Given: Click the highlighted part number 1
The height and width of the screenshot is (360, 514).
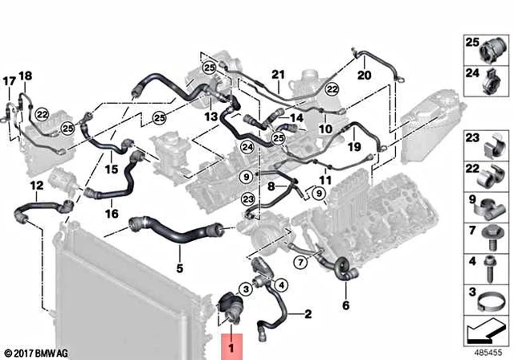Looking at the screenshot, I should (231, 348).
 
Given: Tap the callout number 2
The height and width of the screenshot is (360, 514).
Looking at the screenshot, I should (308, 315).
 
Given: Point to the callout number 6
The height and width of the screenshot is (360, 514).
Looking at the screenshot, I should (346, 305).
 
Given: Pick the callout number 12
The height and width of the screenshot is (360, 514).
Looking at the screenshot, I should (35, 186).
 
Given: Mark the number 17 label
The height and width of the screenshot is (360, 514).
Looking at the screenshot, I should (10, 81).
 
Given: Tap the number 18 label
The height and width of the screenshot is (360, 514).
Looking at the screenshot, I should (25, 76).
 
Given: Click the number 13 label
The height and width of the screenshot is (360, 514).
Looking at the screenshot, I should (210, 117).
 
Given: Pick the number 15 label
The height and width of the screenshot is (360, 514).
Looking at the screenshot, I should (110, 170).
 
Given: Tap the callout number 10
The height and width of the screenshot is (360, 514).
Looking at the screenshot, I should (324, 129).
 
